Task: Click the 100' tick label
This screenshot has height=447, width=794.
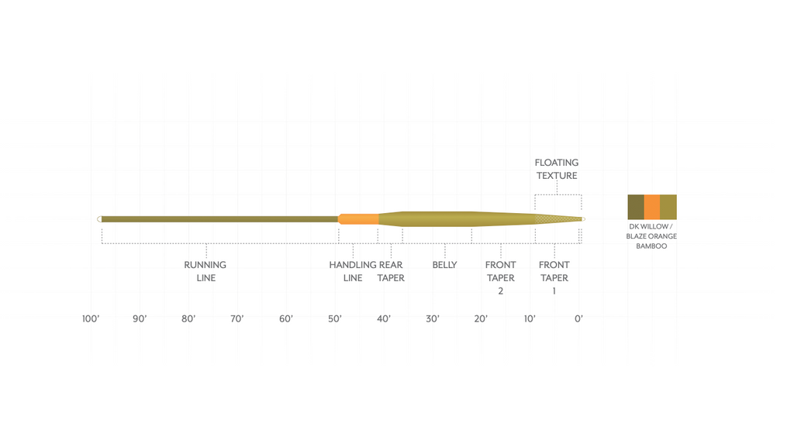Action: (x=91, y=319)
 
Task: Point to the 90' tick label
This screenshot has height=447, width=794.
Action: (x=140, y=319)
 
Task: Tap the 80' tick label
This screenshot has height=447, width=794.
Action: (x=188, y=319)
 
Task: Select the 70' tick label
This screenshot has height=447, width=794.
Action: (x=237, y=319)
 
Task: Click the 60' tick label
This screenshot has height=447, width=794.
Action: (x=286, y=319)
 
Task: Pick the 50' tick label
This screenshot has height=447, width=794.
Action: (x=335, y=319)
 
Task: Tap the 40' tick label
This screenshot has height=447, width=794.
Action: (x=384, y=319)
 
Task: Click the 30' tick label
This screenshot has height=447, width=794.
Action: (x=433, y=319)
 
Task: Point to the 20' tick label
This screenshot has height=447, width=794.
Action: (x=482, y=319)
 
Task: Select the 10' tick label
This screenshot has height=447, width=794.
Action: (x=530, y=319)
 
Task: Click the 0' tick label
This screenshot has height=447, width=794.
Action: (x=578, y=319)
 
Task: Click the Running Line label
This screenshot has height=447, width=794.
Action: (x=205, y=271)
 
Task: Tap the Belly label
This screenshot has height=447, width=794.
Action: (x=444, y=265)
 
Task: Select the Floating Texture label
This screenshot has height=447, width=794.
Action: (x=557, y=169)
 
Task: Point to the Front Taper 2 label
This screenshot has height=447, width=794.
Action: (x=501, y=277)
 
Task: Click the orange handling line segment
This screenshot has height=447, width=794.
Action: (x=358, y=219)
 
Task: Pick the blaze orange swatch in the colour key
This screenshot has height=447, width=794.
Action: (x=652, y=207)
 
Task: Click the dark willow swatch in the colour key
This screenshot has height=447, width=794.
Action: (x=636, y=207)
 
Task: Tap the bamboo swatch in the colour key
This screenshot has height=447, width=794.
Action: (x=668, y=207)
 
